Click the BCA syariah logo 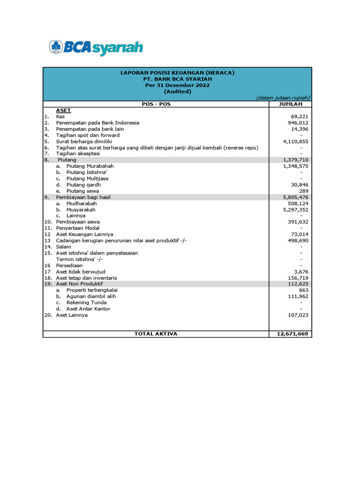(x=96, y=47)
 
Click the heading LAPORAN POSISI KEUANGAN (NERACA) (x=177, y=73)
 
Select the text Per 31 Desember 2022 (x=177, y=85)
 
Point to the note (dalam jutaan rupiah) (x=283, y=97)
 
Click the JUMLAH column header (x=291, y=104)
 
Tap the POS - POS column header (x=156, y=104)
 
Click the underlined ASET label (x=63, y=110)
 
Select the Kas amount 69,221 (x=300, y=117)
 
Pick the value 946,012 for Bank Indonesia (x=298, y=123)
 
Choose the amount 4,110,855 (x=296, y=141)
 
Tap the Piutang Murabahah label (x=90, y=166)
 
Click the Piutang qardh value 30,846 (x=300, y=185)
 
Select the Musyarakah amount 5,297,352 (x=296, y=210)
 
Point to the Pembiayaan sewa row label (x=78, y=222)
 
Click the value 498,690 (x=298, y=240)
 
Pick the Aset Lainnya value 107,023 (x=298, y=315)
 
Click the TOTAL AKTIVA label (x=156, y=334)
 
